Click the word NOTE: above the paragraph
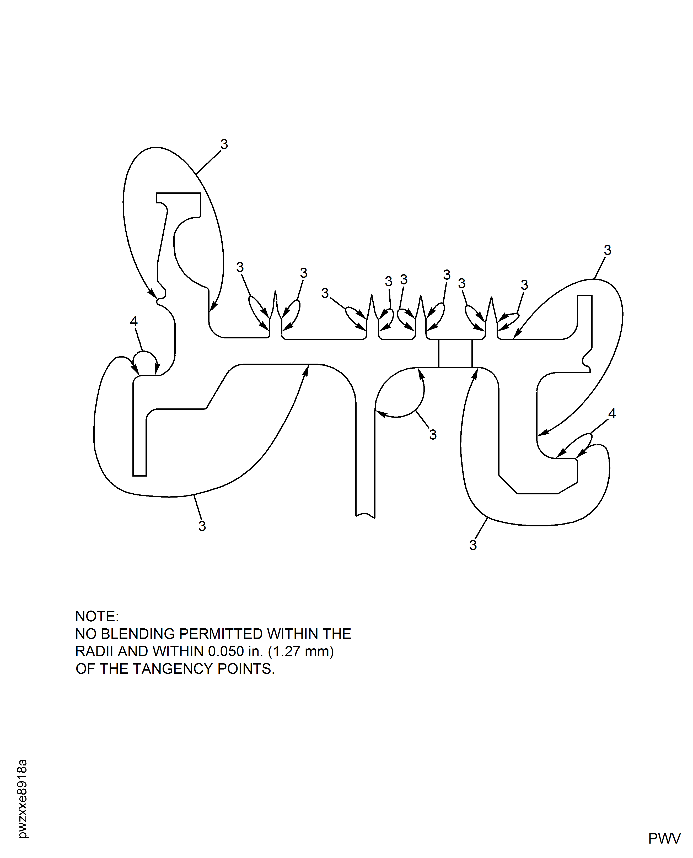(97, 617)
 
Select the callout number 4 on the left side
(134, 321)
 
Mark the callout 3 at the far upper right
(607, 250)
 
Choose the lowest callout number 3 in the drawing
(473, 545)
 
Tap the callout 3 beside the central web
(433, 434)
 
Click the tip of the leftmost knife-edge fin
(276, 292)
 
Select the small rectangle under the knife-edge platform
(455, 353)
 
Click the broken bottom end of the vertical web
(365, 515)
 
